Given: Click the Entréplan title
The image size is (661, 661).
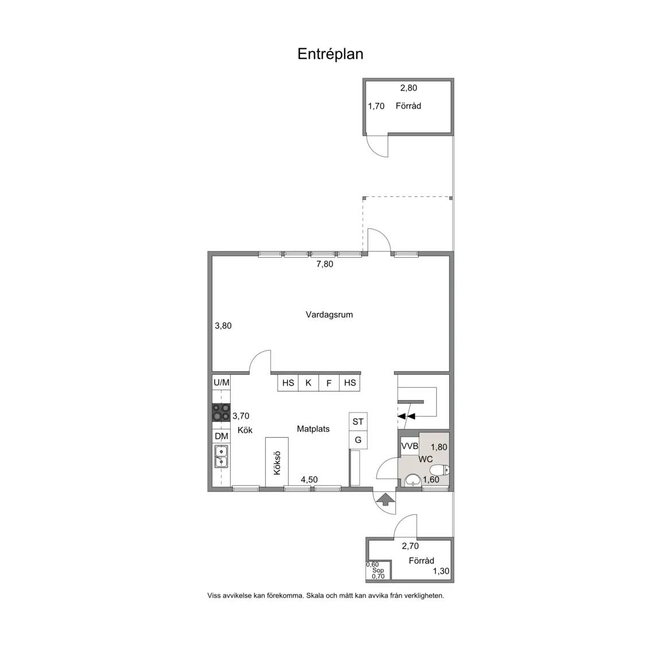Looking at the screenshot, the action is [x=330, y=54].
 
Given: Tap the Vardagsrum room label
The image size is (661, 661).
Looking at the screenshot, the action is [x=329, y=314].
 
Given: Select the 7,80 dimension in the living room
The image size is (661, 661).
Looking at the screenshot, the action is [x=325, y=264].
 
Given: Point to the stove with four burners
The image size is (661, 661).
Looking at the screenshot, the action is [x=221, y=413].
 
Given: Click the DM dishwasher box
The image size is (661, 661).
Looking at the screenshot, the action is [x=221, y=436].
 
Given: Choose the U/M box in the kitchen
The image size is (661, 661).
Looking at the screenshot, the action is [x=221, y=382].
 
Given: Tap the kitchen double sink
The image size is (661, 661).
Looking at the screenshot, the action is [x=221, y=457].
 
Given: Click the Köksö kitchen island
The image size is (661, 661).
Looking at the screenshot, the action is [x=277, y=461].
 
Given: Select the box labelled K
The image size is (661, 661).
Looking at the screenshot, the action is [x=309, y=383].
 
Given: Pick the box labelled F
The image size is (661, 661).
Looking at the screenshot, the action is [x=329, y=383].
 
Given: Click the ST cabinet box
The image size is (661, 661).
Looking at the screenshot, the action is [x=358, y=422].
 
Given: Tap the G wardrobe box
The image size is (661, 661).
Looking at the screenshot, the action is [x=358, y=440].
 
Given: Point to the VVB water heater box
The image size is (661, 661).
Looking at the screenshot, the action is [x=409, y=446].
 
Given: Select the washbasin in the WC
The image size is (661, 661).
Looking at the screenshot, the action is [x=413, y=480].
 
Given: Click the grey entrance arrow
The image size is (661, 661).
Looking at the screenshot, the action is [x=385, y=500].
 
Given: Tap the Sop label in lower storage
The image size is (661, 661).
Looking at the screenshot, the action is [x=378, y=570].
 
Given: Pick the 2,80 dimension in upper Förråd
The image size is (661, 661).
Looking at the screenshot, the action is [x=409, y=88].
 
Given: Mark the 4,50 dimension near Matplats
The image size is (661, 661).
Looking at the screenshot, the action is [x=309, y=479].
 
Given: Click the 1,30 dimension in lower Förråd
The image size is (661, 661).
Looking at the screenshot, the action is [x=441, y=571].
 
